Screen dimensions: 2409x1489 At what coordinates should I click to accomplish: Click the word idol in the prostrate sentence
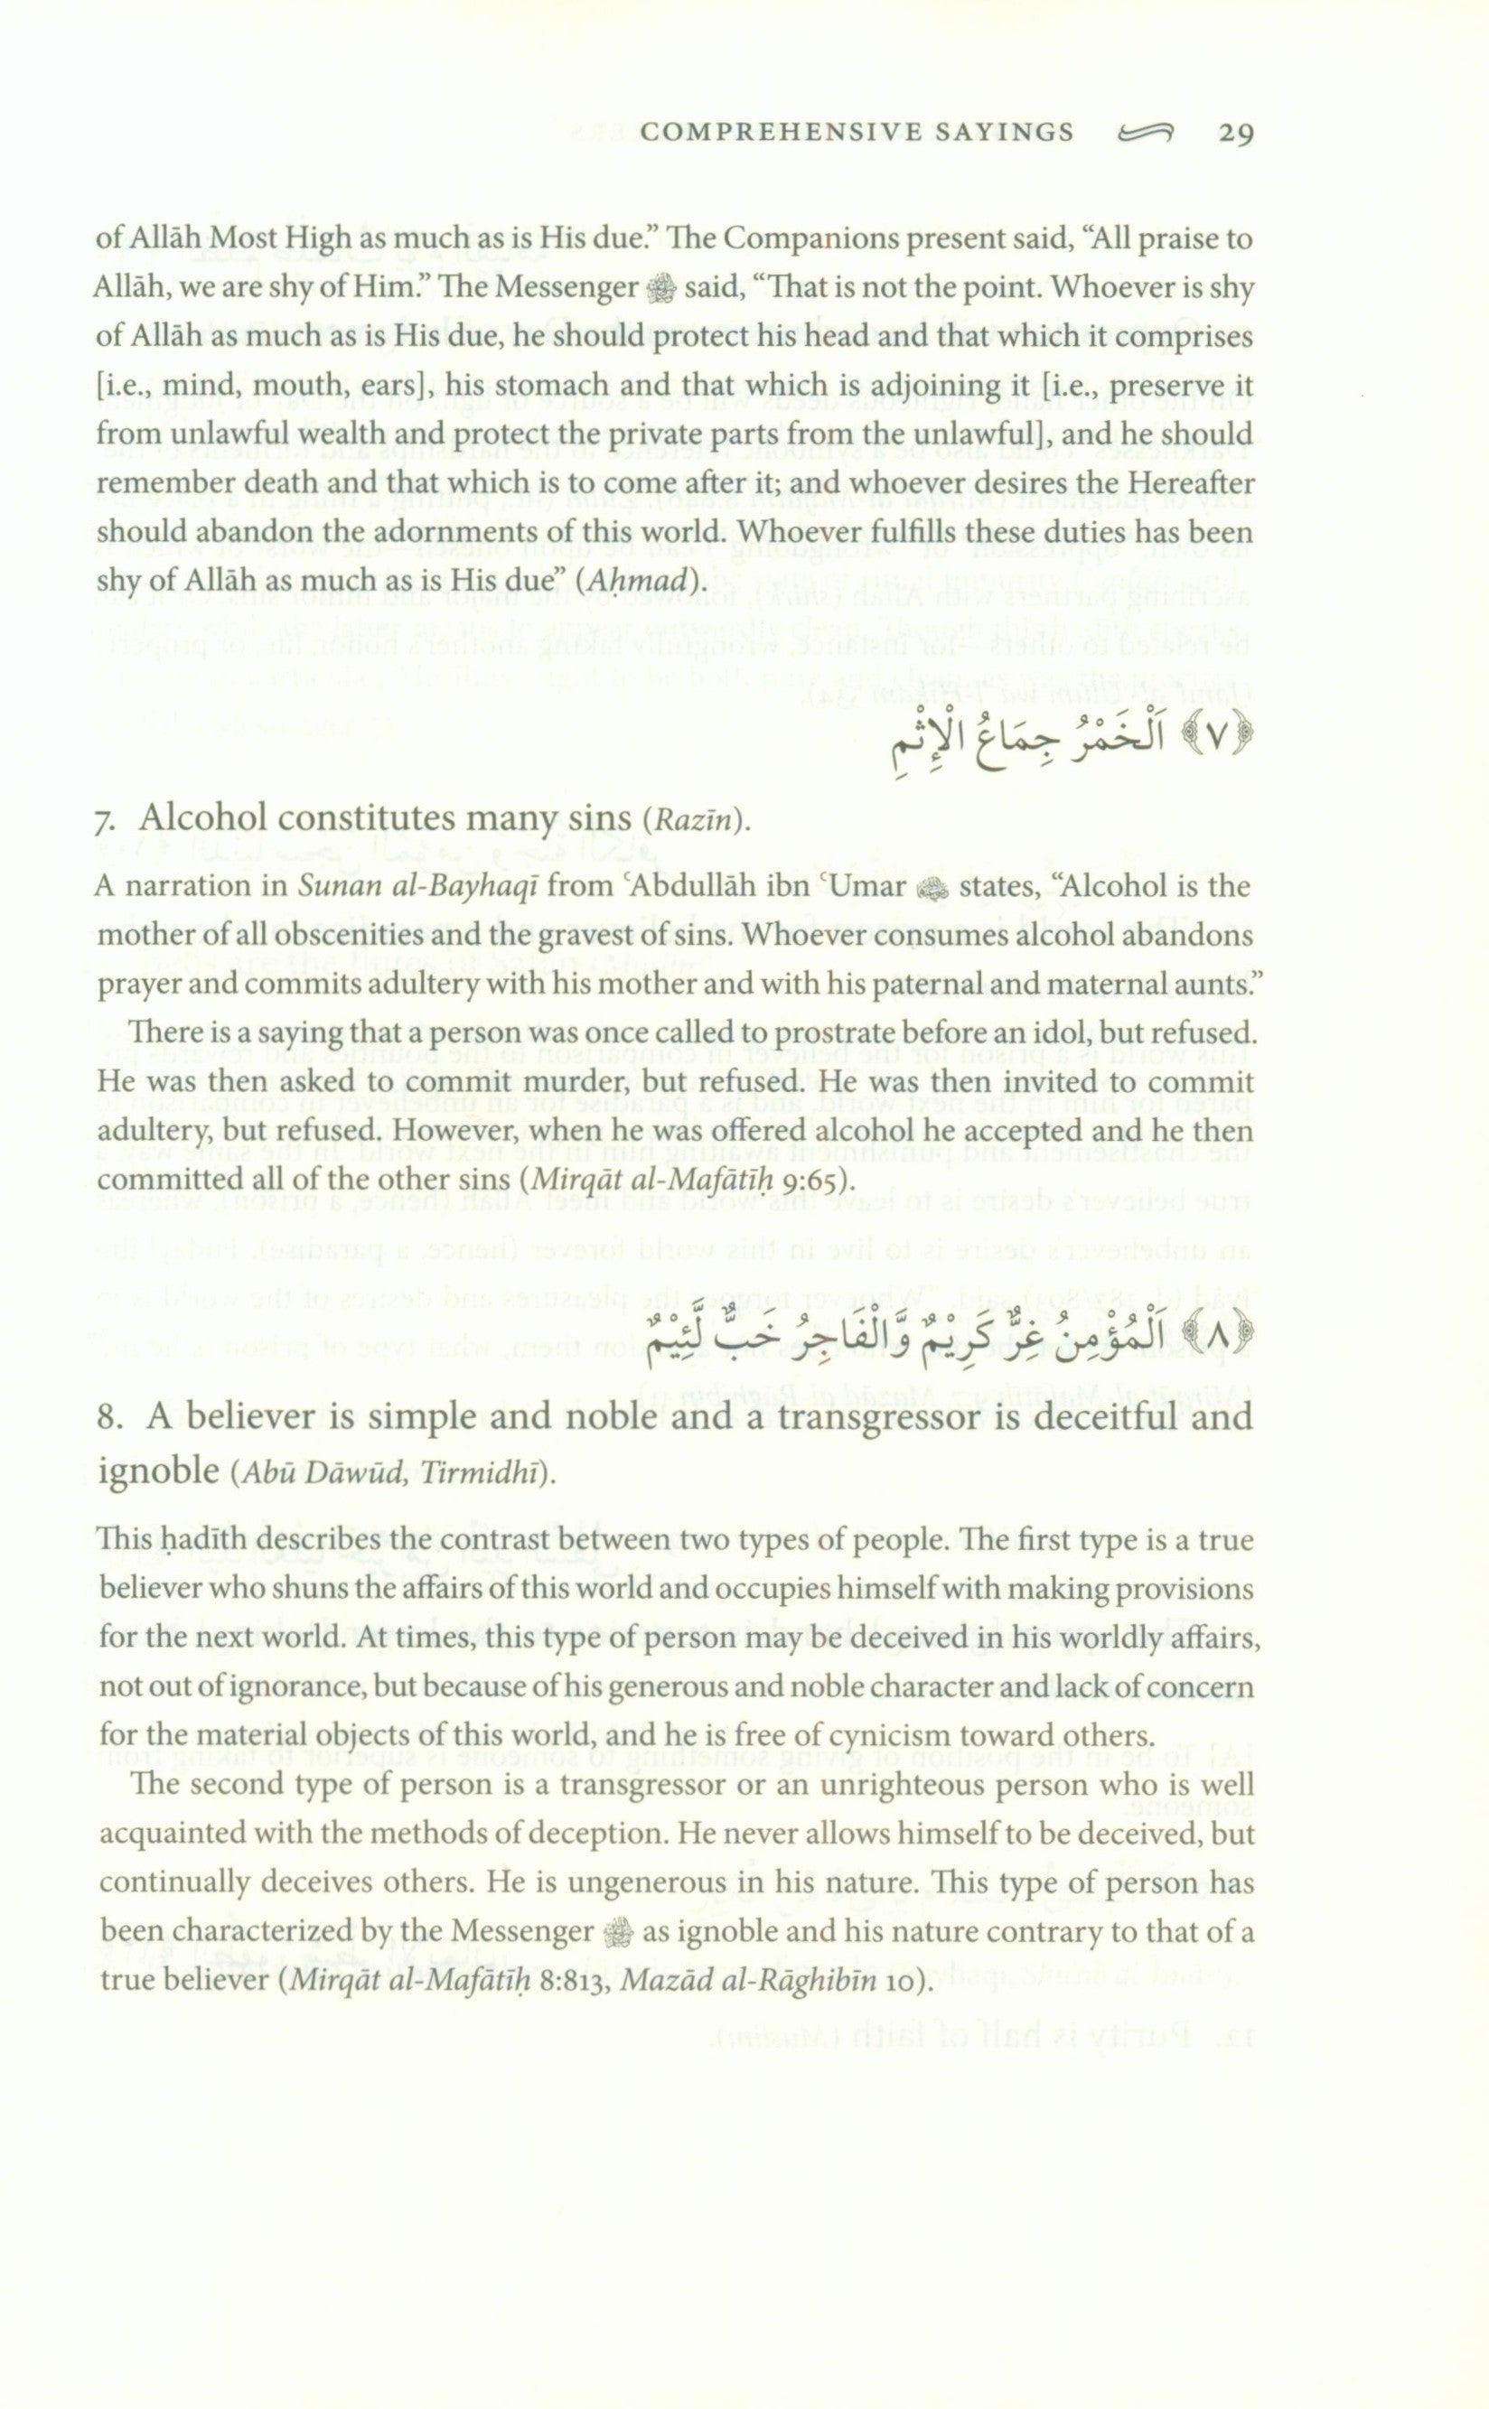(1066, 1034)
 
